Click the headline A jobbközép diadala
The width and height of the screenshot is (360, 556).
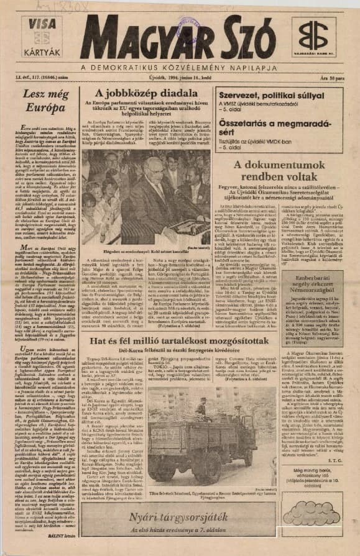pyautogui.click(x=146, y=94)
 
